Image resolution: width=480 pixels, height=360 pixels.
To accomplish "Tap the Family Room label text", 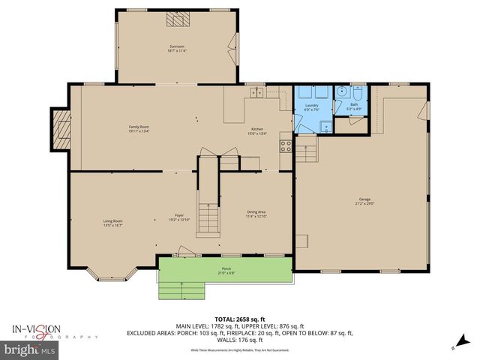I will click(x=139, y=128).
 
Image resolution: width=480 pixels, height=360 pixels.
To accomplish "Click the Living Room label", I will click(x=112, y=222).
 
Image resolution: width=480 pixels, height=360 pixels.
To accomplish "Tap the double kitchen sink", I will click(x=258, y=93).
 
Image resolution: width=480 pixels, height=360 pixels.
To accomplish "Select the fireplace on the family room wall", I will click(x=60, y=128).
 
